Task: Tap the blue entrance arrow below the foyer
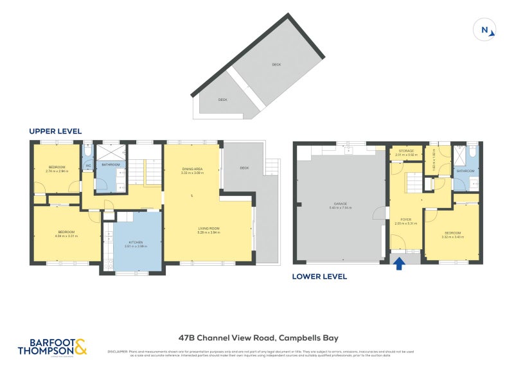click(x=398, y=263)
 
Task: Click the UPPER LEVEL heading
click(x=55, y=131)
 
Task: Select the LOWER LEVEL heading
click(x=319, y=277)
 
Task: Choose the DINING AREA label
click(x=192, y=170)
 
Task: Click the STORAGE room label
click(x=405, y=151)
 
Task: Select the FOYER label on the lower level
click(x=405, y=220)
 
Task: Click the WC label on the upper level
click(x=88, y=166)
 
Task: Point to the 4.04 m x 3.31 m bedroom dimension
click(x=66, y=236)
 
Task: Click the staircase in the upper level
click(x=137, y=172)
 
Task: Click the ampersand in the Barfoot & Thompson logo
click(x=80, y=349)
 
